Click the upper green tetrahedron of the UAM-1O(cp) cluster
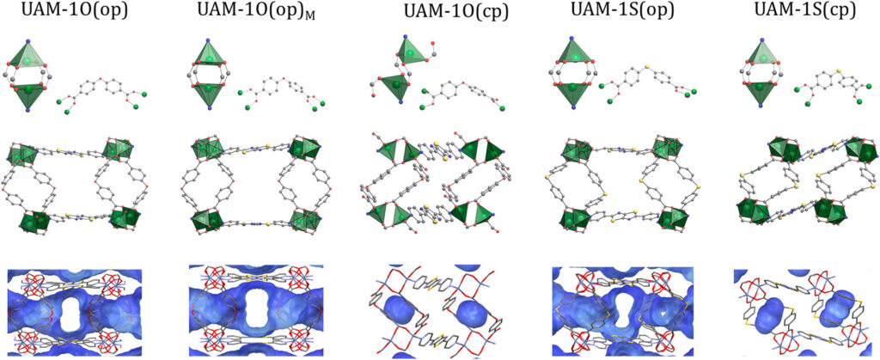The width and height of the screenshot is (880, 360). (411, 52)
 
